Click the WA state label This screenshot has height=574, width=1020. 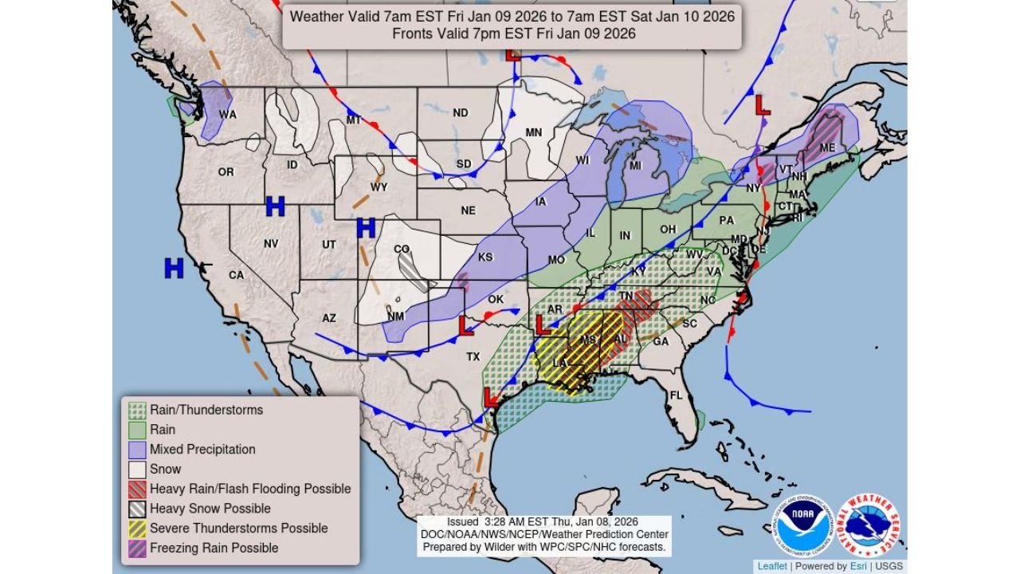click(228, 115)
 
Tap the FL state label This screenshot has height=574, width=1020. click(677, 395)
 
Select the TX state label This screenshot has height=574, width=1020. click(473, 356)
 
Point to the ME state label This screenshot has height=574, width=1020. click(827, 147)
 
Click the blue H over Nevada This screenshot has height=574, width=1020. click(275, 207)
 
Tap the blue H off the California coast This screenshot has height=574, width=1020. click(174, 269)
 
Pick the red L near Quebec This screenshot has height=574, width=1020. click(763, 104)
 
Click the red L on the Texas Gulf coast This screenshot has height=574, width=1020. click(492, 396)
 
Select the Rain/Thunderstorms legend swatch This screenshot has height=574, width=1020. click(137, 410)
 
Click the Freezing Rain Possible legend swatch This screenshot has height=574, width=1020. click(137, 548)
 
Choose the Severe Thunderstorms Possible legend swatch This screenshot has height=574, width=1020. click(137, 528)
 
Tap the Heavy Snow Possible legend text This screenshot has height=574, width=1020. click(210, 509)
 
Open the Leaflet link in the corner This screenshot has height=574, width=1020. click(772, 566)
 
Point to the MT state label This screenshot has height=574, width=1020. click(354, 120)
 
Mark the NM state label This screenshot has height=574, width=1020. click(395, 316)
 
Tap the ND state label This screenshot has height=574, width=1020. click(461, 112)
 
